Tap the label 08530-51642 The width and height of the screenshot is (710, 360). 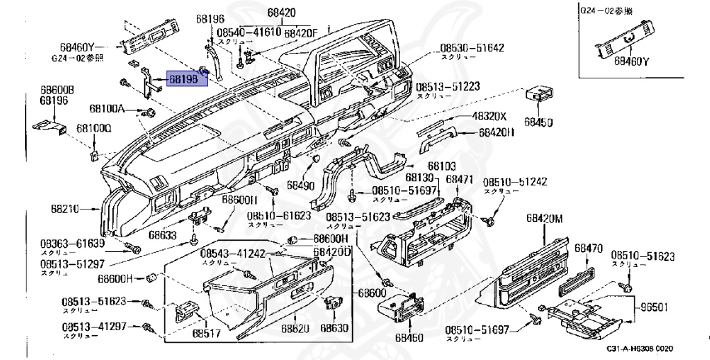point(471,49)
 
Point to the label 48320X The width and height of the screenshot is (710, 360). point(490,117)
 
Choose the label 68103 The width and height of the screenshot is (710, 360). point(441,166)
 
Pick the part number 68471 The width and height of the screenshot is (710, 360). point(459,179)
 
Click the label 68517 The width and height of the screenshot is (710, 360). point(205,334)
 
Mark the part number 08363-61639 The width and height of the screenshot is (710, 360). point(71,243)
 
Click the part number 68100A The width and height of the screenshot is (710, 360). point(107,109)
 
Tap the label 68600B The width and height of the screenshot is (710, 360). point(57,90)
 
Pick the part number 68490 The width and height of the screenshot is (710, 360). point(301,186)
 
